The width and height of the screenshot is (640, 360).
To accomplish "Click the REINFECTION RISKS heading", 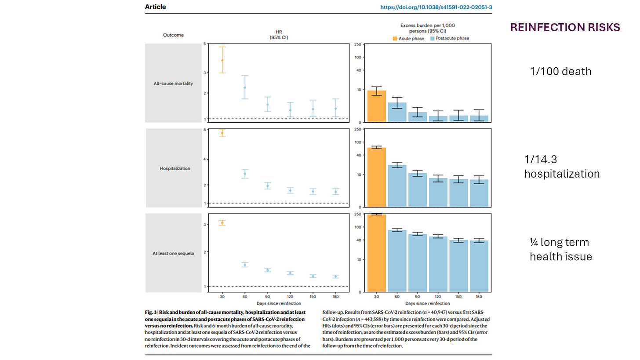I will pos(565,27).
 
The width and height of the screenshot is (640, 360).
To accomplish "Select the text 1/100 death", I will pos(560,71).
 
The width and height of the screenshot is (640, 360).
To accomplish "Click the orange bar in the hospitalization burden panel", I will pos(377,177).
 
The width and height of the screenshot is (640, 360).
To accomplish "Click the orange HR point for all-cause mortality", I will pos(222,60).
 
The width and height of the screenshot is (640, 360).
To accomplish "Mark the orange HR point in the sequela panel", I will pos(222,223).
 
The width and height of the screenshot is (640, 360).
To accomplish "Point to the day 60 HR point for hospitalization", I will pos(245,174).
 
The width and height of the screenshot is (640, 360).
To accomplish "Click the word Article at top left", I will pos(155,7).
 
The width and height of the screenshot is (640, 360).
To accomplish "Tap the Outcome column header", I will pos(173,35).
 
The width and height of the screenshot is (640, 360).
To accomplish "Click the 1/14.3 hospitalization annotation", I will pos(561,167).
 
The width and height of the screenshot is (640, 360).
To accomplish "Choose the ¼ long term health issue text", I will pos(560,249).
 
